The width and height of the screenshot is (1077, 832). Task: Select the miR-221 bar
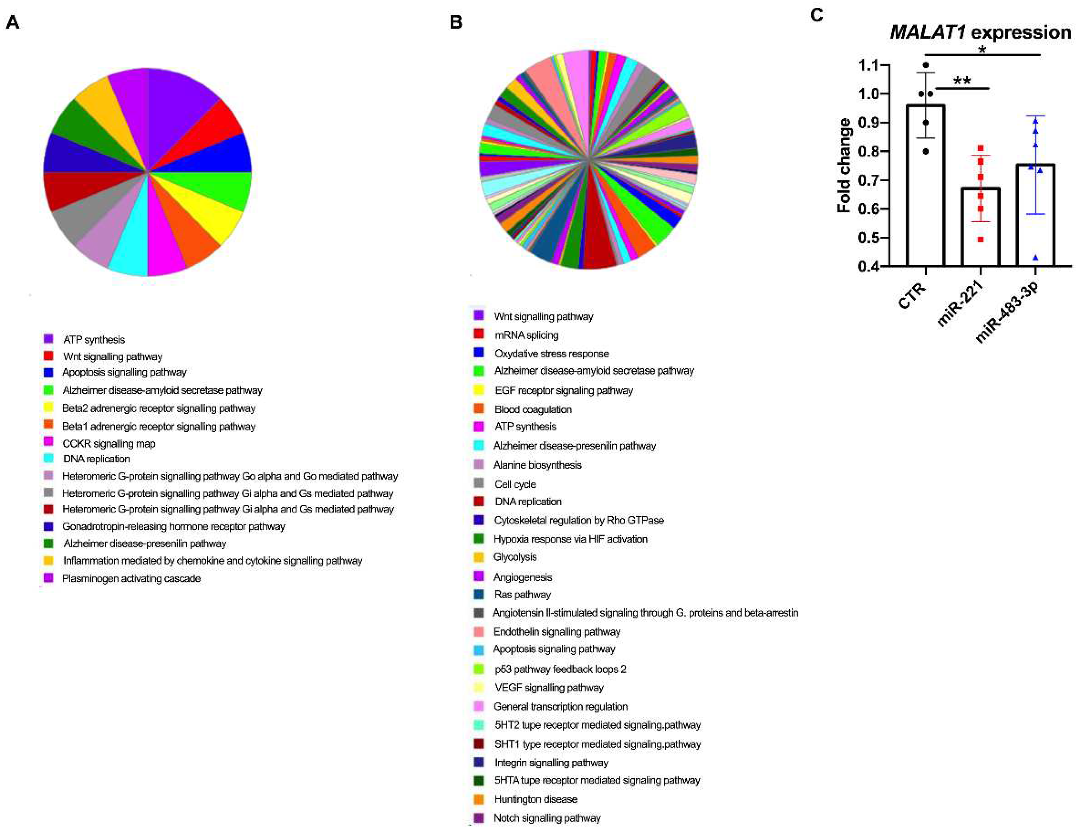tap(980, 227)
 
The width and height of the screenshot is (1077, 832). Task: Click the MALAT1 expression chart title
tap(980, 32)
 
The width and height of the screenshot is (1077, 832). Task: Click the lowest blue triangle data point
tap(1035, 257)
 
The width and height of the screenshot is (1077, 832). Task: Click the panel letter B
tap(456, 22)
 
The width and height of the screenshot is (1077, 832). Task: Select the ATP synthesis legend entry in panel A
tap(94, 339)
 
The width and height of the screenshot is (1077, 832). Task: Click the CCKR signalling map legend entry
tap(108, 443)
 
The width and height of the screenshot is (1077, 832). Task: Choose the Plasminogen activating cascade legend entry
tap(131, 578)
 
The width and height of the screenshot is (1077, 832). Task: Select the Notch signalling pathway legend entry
tap(547, 818)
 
